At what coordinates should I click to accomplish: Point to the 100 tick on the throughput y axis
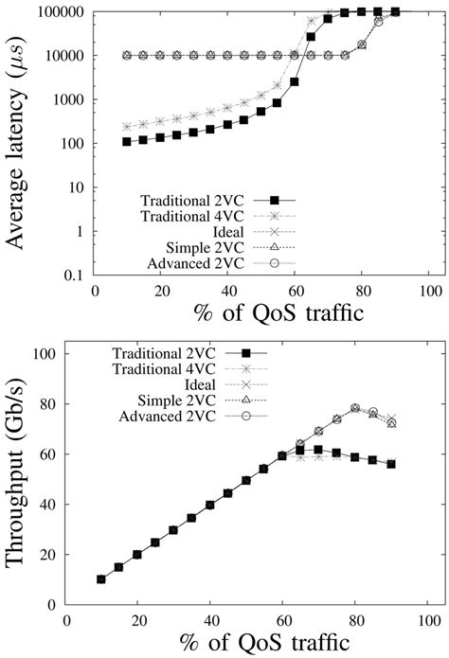coord(45,354)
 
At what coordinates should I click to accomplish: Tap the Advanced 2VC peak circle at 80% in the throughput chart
coord(355,409)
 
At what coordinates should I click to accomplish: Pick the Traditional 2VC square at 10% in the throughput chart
coord(101,578)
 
